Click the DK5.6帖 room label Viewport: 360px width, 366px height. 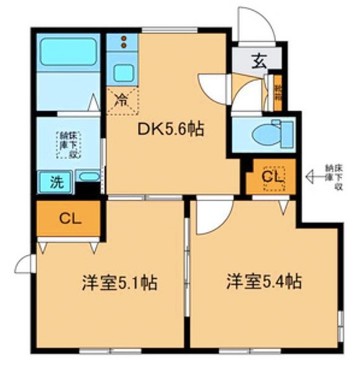tap(170, 129)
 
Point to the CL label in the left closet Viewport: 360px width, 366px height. tap(69, 219)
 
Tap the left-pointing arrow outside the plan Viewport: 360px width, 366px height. tap(314, 178)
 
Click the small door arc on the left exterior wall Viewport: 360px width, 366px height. tap(26, 264)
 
